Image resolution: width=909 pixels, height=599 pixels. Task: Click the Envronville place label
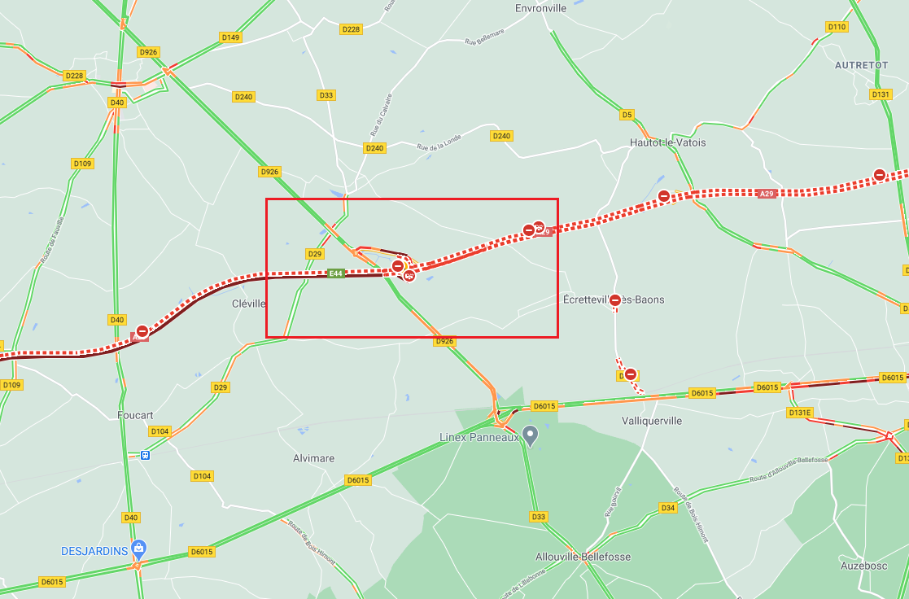pos(540,8)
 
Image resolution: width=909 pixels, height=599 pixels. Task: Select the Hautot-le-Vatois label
pos(667,142)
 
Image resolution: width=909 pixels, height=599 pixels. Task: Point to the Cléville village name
pos(249,304)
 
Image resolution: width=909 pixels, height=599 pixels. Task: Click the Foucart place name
pos(135,415)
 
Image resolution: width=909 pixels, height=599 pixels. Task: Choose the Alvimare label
pos(313,458)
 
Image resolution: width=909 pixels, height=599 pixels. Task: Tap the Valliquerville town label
pos(652,421)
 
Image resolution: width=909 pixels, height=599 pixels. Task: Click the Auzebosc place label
pos(863,566)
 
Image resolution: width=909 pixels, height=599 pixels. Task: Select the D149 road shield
pos(230,37)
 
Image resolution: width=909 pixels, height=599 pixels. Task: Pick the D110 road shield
pos(837,27)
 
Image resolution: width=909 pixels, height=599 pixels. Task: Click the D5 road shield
pos(627,115)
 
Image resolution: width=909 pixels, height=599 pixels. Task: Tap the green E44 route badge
pos(336,273)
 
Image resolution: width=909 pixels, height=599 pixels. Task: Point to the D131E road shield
pos(800,413)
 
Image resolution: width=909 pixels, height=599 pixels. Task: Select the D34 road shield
pos(668,508)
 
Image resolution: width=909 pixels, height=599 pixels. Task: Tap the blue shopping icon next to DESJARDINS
pos(139,549)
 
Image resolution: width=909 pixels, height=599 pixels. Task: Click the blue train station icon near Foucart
pos(145,456)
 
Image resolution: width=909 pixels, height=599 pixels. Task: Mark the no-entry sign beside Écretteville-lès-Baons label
pos(615,300)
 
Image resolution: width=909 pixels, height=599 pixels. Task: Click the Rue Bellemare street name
pos(484,37)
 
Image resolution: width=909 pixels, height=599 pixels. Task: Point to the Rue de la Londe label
pos(439,142)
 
